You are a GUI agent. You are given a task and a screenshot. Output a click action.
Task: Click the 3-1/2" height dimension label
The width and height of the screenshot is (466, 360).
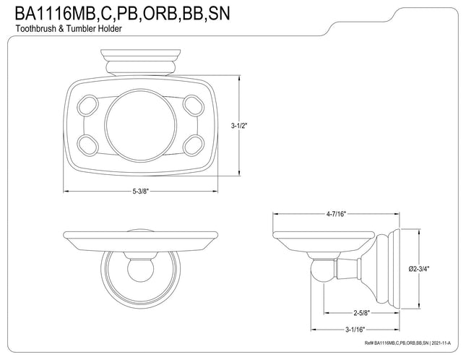239,126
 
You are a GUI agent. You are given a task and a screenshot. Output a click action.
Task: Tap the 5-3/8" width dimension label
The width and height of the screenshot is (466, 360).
140,191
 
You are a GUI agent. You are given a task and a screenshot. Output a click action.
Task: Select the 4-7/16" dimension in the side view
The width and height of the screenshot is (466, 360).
336,214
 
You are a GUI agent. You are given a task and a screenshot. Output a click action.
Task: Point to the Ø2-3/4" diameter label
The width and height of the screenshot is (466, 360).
419,269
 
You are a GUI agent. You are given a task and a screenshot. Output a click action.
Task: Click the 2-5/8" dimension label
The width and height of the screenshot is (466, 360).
362,313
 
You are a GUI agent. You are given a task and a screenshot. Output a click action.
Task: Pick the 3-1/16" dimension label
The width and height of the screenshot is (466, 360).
355,330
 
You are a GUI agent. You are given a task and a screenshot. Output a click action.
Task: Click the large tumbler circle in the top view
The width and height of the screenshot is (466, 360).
141,125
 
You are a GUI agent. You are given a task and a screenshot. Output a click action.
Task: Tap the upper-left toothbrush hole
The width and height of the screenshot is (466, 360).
87,106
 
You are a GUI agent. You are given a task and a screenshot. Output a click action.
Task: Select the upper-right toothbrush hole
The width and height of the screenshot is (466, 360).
194,106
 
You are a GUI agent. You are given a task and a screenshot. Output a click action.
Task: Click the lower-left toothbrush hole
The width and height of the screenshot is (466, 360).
87,145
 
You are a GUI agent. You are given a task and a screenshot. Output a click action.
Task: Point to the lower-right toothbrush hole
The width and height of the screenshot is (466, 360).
194,145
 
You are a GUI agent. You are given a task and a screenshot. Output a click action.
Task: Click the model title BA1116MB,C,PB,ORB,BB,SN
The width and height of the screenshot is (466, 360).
122,14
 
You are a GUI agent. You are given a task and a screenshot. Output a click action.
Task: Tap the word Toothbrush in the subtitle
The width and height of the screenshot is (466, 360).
35,29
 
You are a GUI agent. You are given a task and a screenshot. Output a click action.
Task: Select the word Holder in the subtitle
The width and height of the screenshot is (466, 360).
111,29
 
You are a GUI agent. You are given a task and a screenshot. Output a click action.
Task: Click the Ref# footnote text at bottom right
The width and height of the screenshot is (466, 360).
407,343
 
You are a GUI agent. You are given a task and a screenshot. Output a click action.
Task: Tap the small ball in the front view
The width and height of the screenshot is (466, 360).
141,270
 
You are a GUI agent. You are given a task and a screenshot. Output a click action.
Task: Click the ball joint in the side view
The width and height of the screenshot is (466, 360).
322,270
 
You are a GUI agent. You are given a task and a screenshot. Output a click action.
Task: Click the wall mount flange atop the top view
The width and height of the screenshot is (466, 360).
141,62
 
